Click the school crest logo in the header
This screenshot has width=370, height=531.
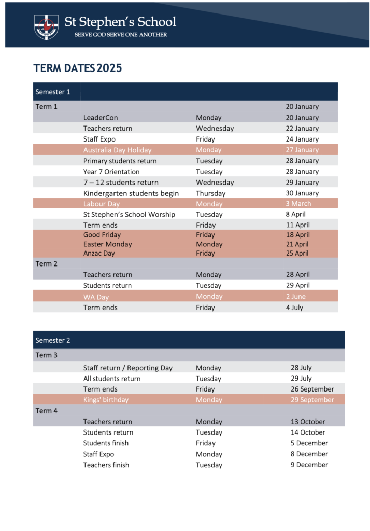(46, 26)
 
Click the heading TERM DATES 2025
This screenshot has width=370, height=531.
(77, 68)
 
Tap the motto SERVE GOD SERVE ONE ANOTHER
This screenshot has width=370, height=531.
(121, 35)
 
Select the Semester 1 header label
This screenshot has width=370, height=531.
(53, 92)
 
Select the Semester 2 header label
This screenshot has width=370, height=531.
(53, 340)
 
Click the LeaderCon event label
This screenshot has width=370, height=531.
(101, 118)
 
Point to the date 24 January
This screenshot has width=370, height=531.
(302, 139)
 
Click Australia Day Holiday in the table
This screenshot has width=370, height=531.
(117, 150)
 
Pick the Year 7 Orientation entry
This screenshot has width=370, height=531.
(111, 172)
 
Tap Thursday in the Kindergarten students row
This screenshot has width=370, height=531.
(210, 193)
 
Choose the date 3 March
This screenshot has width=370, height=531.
(298, 204)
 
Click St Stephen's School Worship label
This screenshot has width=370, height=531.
(129, 214)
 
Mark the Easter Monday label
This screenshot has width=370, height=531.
(107, 244)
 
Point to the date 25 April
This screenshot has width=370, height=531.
(297, 253)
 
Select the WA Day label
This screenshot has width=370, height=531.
(96, 297)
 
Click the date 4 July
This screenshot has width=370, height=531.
(294, 308)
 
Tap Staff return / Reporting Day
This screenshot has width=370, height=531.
(127, 368)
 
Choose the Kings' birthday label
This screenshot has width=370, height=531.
(106, 400)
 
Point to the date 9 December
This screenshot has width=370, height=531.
(309, 465)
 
